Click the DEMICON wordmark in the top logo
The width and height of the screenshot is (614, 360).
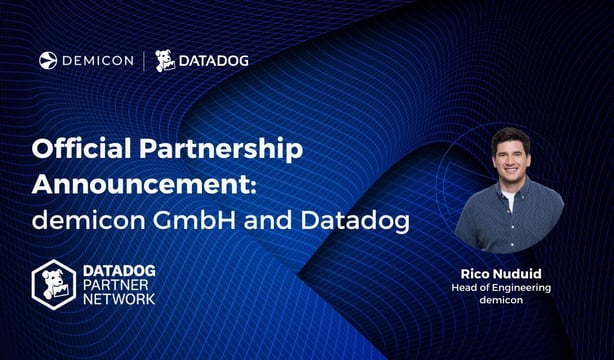97,61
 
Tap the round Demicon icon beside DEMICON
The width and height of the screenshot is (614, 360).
47,61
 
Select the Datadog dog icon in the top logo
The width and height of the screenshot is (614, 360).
165,61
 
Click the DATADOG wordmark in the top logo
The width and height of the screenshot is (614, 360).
213,61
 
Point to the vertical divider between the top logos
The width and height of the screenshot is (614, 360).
144,61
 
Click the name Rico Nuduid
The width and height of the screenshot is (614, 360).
508,273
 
